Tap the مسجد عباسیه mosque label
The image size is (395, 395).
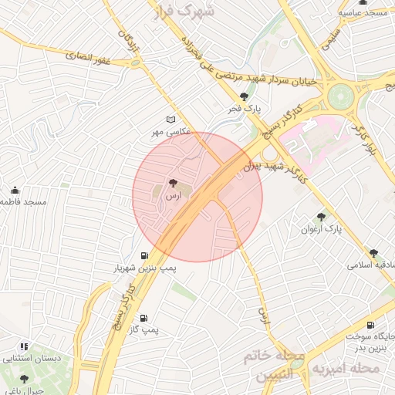click(x=366, y=13)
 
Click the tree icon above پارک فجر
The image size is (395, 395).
click(x=245, y=97)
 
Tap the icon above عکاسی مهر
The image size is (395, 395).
click(x=170, y=120)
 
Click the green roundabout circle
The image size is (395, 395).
click(x=339, y=97)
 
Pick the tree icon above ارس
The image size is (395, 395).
click(x=171, y=184)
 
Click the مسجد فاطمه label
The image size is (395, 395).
click(x=23, y=201)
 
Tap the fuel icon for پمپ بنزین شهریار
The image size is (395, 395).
click(x=144, y=255)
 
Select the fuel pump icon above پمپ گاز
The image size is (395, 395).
click(x=144, y=317)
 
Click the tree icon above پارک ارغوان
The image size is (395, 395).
click(x=321, y=217)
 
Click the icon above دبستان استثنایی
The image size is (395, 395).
click(x=24, y=346)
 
